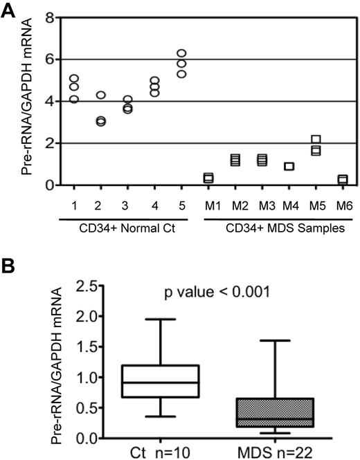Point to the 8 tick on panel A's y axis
pyautogui.click(x=50, y=17)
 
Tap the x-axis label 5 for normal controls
pyautogui.click(x=181, y=205)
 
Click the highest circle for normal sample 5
pyautogui.click(x=181, y=54)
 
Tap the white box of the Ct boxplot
pyautogui.click(x=160, y=381)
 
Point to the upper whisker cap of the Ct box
pyautogui.click(x=160, y=320)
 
